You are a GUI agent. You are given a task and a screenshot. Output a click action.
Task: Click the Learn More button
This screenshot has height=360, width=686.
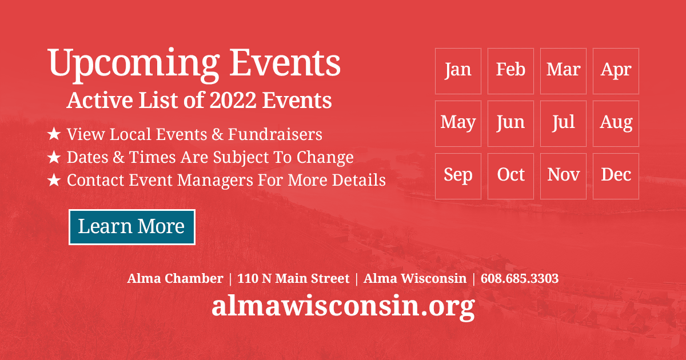(132, 227)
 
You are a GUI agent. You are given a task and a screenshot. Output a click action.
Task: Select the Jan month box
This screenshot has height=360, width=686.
(458, 71)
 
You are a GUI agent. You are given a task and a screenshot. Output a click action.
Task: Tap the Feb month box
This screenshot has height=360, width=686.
(510, 71)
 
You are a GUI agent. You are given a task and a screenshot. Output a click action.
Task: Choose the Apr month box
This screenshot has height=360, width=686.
(616, 71)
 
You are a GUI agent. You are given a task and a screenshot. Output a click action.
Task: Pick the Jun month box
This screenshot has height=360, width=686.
(510, 123)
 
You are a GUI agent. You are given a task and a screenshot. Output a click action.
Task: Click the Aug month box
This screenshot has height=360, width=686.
(616, 123)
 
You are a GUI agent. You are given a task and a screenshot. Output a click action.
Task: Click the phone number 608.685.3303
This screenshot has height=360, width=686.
(520, 279)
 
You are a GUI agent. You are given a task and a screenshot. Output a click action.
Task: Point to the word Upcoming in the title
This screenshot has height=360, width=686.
(133, 64)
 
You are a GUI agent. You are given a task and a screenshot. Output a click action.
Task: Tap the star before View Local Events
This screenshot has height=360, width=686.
(54, 135)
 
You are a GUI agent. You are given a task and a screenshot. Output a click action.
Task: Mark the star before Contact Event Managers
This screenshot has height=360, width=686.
(54, 181)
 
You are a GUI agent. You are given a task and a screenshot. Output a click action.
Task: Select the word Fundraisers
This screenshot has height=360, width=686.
(275, 135)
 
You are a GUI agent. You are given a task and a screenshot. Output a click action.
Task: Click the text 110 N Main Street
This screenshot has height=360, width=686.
(293, 279)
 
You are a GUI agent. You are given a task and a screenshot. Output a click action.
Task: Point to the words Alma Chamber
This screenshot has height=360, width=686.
(175, 279)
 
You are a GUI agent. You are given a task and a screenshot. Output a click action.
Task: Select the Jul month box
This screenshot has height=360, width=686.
(563, 123)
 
